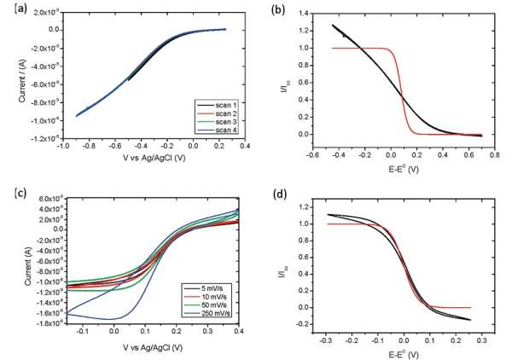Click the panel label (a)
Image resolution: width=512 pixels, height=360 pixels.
click(x=13, y=12)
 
